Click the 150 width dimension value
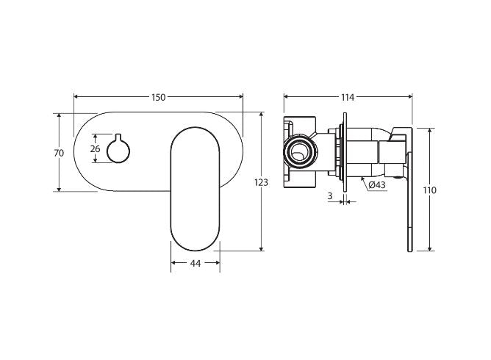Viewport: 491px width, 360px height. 159,97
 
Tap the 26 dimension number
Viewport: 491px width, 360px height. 94,149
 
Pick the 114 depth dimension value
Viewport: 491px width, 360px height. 348,97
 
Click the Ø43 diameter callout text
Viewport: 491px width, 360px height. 377,184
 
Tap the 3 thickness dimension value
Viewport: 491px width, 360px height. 330,196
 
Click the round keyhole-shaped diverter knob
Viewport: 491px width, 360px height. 118,151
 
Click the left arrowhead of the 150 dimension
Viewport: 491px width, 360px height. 77,97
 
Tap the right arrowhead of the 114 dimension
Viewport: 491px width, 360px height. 409,97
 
